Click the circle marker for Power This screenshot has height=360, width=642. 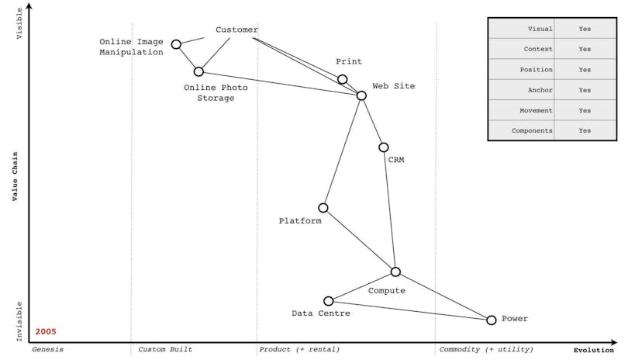click(491, 320)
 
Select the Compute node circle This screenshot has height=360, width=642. click(395, 272)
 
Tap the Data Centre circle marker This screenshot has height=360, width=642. click(329, 301)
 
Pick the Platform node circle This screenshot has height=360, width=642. click(323, 208)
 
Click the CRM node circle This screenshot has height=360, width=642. click(383, 147)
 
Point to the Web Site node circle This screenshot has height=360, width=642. click(361, 95)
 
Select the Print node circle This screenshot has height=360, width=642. click(342, 79)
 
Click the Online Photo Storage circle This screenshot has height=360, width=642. click(198, 71)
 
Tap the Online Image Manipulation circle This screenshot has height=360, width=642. click(176, 44)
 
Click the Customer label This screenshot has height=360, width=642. click(236, 30)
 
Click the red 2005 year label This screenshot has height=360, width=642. click(46, 331)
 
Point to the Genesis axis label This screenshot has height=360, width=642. click(47, 350)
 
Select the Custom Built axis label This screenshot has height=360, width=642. click(165, 350)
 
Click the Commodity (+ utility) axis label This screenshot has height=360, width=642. click(486, 350)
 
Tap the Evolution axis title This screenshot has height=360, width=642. click(593, 350)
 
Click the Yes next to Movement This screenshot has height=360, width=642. click(585, 110)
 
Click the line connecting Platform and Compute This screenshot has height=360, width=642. click(359, 240)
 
